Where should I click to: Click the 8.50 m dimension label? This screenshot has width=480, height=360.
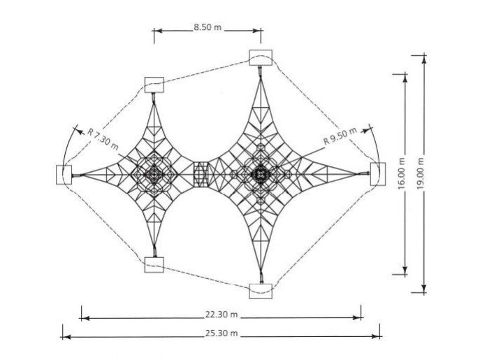coord(208,27)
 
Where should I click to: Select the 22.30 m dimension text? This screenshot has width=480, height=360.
coord(221,315)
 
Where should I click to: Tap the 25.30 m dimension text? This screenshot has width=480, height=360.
coord(221,333)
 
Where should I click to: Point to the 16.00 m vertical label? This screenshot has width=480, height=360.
coord(402,173)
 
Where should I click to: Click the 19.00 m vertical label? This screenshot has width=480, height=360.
coord(421,173)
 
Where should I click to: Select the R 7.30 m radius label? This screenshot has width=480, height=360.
coord(103,139)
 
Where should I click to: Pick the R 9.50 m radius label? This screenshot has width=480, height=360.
coord(340,136)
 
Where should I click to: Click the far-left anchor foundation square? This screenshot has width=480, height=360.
coord(64,175)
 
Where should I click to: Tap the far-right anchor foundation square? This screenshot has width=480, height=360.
coord(378,174)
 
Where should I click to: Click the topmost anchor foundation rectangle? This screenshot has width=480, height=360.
coord(261,57)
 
